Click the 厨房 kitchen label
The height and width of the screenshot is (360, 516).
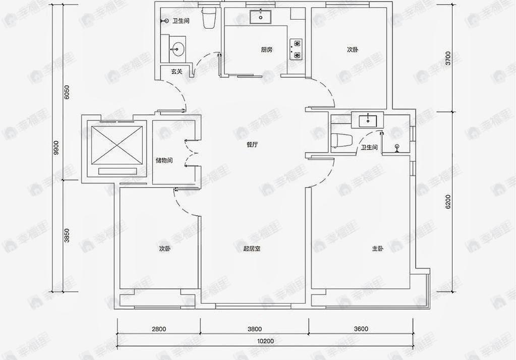(267, 49)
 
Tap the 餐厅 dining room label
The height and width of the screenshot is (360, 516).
(252, 145)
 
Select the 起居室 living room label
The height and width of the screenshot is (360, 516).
(251, 249)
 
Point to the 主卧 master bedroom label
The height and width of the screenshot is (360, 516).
(378, 249)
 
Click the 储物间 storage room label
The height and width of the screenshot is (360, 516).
(164, 160)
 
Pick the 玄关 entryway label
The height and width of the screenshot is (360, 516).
(176, 72)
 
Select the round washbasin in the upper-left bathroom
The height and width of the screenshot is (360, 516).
(177, 49)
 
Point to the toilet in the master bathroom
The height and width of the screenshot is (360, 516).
(341, 140)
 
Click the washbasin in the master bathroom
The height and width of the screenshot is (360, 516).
(368, 121)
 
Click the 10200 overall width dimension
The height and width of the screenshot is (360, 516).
(265, 341)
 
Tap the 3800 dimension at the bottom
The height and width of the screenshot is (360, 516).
(255, 329)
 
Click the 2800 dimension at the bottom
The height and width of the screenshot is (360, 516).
(158, 329)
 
